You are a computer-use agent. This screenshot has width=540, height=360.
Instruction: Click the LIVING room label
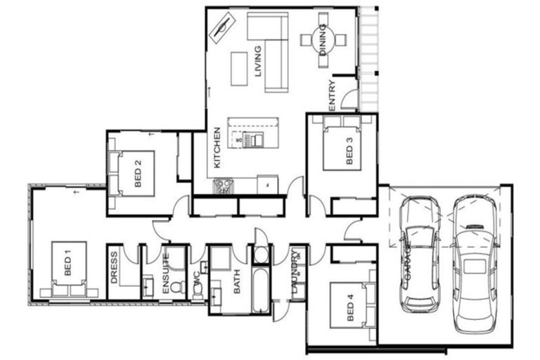[x=258, y=61]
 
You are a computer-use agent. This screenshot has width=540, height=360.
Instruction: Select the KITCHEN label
[x=218, y=148]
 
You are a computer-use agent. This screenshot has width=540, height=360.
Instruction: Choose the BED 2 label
[x=139, y=172]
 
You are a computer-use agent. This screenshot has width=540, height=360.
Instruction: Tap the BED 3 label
[x=349, y=150]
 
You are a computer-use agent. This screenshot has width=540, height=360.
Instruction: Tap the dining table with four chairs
[x=323, y=41]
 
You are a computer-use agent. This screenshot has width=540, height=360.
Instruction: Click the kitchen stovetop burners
[x=224, y=186]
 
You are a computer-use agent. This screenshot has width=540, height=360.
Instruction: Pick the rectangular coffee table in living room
[x=240, y=68]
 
